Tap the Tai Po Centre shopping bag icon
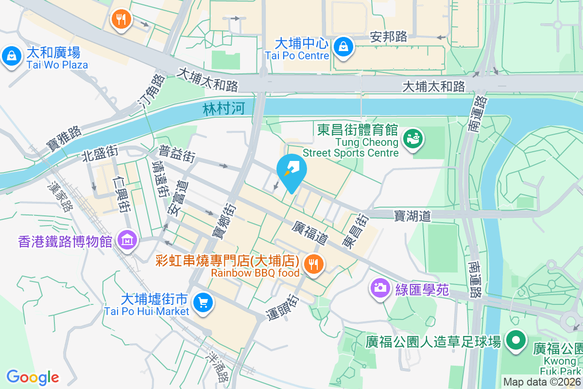point(343,47)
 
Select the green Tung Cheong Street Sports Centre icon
point(414,139)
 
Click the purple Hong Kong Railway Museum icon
point(128,240)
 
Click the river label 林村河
point(224,109)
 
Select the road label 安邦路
point(388,36)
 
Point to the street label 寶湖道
point(412,215)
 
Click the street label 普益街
point(177,154)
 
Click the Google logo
point(33,377)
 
